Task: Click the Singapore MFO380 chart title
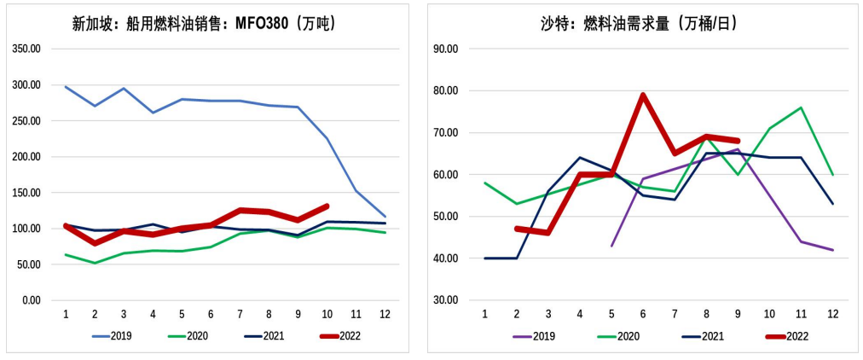click(205, 24)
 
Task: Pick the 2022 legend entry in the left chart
click(341, 336)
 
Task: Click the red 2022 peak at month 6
click(643, 95)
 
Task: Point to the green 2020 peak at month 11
click(801, 107)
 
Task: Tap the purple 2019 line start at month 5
click(611, 246)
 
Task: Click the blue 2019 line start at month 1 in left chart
click(66, 87)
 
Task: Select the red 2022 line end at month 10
click(327, 206)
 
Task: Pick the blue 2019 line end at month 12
click(385, 217)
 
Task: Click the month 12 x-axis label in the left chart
click(385, 314)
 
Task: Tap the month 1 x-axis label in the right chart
click(485, 314)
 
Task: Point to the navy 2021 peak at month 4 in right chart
click(580, 158)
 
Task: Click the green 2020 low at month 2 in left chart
click(95, 263)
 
